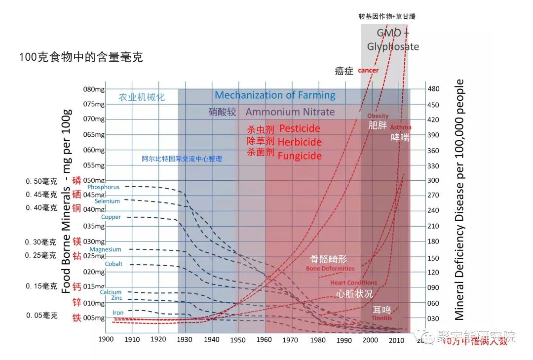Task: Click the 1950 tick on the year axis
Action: point(238,340)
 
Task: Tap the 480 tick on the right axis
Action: point(433,89)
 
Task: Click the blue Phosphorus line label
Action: point(103,187)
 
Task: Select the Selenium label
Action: point(108,201)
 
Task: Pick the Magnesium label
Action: point(105,249)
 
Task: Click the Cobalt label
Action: point(114,264)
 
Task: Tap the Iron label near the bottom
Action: point(118,313)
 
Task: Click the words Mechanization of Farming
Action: point(275,95)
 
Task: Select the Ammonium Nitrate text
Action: point(290,112)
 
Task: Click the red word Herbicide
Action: point(299,142)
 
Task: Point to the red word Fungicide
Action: point(300,156)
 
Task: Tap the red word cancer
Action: point(368,70)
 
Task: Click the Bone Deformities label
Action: point(330,269)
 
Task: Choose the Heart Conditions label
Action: point(353,282)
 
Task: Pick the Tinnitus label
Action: point(382,318)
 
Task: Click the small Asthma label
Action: point(401,127)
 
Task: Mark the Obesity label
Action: point(378,116)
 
